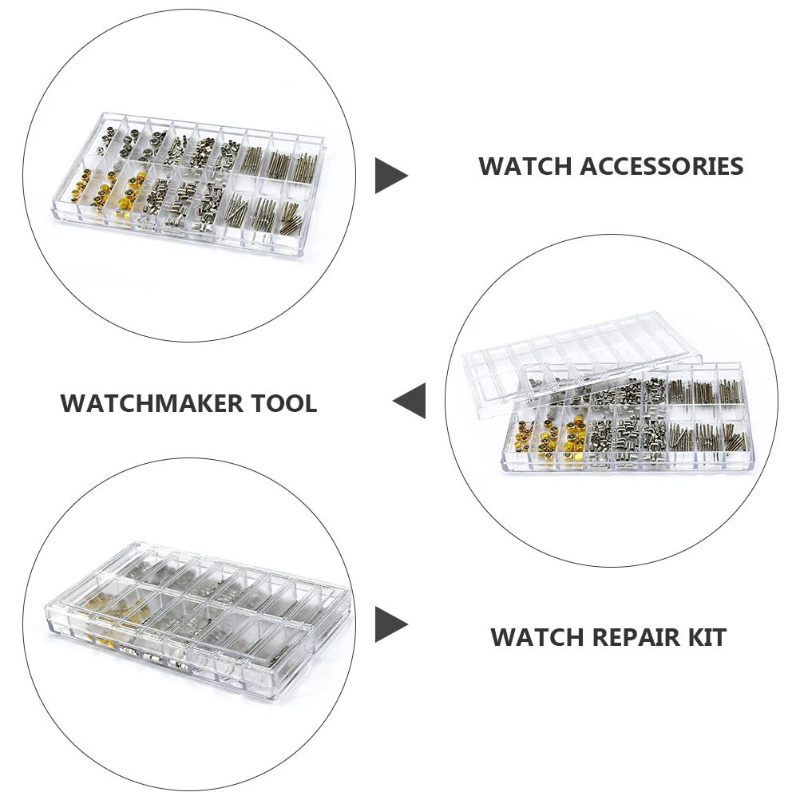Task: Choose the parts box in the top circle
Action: coord(192,180)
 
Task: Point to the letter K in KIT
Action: coord(691,638)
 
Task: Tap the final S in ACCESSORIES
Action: coord(735,167)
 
